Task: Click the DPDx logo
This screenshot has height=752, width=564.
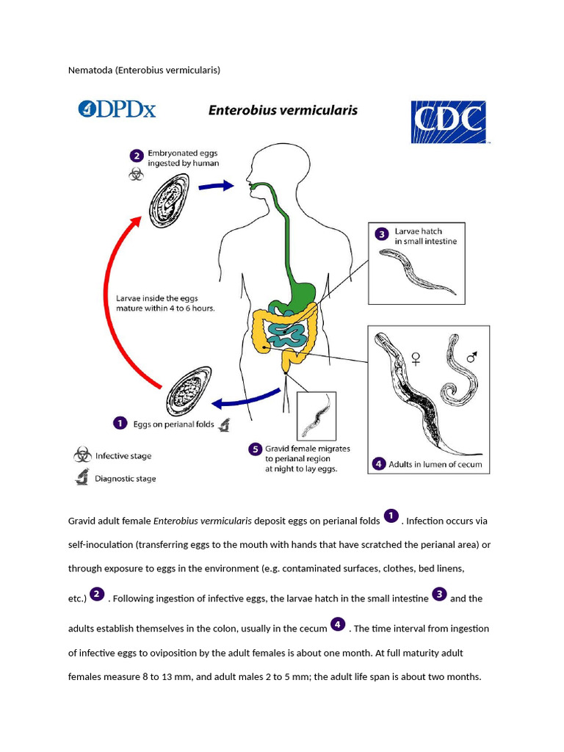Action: (117, 110)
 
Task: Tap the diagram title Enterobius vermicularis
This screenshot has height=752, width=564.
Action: (283, 110)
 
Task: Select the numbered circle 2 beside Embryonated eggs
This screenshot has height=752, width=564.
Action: (136, 156)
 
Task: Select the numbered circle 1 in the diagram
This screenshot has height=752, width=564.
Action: (118, 423)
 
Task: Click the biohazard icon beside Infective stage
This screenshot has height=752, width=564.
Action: (82, 455)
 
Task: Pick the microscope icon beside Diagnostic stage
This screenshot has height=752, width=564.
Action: (82, 477)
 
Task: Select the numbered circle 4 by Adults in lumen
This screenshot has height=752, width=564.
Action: (378, 463)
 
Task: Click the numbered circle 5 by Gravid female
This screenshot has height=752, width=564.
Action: (255, 449)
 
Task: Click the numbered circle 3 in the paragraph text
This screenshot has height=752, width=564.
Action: (439, 594)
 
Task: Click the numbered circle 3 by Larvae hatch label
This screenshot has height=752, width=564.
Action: (381, 234)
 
